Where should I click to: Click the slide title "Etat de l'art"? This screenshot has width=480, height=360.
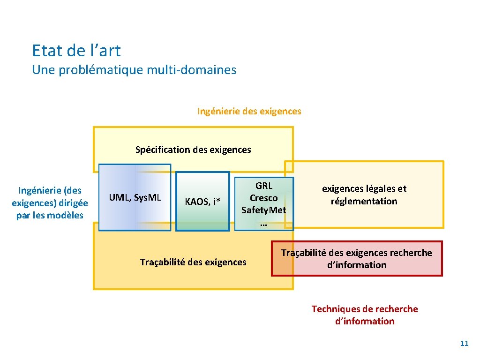pos(76,51)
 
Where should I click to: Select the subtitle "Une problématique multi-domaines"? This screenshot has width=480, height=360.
pos(134,70)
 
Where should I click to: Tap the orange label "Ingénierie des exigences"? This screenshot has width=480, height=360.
pos(249,112)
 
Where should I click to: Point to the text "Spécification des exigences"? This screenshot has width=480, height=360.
pos(193,150)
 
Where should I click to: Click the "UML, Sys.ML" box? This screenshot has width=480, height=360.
pos(135,197)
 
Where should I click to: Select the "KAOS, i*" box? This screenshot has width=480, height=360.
pos(202,202)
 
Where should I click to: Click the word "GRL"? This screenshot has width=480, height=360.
pos(263,186)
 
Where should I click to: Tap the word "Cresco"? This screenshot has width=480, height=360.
pos(263,198)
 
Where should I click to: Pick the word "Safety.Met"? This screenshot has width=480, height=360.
pos(263,210)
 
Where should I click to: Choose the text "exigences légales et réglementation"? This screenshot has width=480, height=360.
pos(364,195)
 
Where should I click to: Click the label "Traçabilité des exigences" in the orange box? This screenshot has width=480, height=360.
pos(193,262)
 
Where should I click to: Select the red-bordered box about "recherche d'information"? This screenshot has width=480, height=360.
pos(357,259)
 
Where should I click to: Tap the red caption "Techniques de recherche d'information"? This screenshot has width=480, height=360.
pos(365,315)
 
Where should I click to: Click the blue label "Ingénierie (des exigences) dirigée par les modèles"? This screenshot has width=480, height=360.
pos(50,203)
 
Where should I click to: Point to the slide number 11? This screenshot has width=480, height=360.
pos(464,344)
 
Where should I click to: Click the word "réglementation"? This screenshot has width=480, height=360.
pos(364,202)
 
